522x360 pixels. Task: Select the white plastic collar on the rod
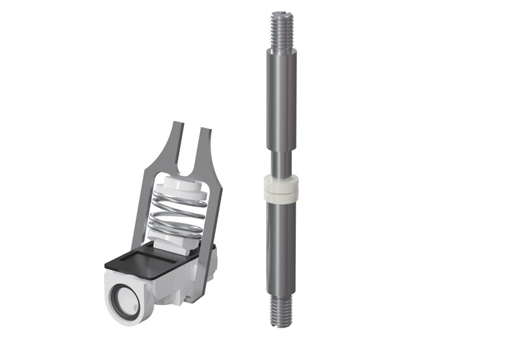[x=280, y=188]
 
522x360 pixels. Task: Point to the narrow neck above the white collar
[x=280, y=164]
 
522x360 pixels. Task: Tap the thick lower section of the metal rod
[x=280, y=248]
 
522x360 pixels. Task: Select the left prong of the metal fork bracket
[x=175, y=144]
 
